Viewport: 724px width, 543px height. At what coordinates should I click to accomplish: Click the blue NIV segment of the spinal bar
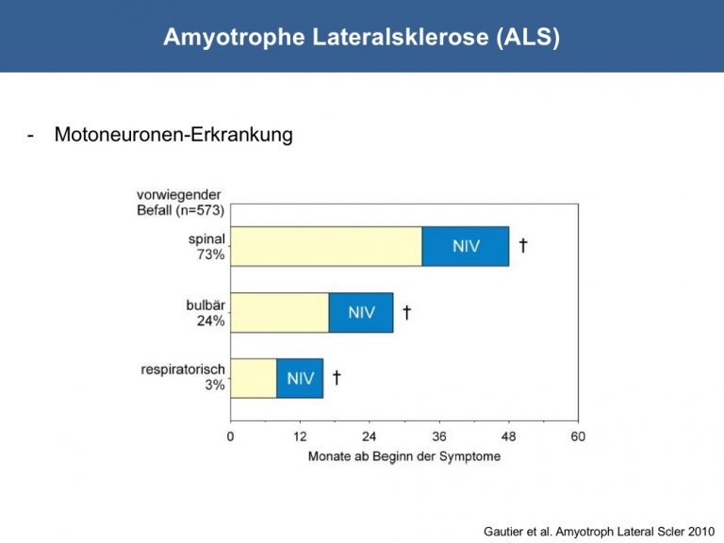(x=466, y=246)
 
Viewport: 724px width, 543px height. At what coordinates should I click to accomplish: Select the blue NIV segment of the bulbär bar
(x=361, y=313)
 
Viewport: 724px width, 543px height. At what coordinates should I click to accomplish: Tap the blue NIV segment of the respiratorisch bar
(x=300, y=378)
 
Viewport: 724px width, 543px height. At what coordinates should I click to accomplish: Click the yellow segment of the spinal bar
(x=326, y=246)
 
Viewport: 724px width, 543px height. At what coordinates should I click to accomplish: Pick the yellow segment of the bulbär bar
(x=280, y=313)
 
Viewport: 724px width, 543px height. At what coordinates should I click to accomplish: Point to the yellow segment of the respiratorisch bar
(x=254, y=378)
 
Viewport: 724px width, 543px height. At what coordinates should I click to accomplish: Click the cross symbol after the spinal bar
(x=523, y=245)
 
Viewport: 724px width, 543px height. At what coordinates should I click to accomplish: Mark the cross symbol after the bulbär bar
(x=407, y=312)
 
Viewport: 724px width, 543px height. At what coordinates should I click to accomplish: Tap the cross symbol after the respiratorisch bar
(x=337, y=377)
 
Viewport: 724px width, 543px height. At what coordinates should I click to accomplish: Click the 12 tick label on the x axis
(x=300, y=436)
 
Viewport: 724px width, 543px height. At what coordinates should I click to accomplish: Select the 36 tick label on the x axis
(x=439, y=436)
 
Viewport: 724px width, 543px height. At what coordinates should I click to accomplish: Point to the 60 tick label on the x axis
(x=578, y=436)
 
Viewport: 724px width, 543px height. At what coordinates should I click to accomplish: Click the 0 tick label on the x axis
(x=230, y=436)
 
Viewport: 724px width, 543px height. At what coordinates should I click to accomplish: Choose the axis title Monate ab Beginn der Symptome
(x=404, y=456)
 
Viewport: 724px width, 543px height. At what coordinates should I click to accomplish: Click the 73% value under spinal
(x=211, y=255)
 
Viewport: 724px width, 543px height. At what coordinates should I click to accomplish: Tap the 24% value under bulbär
(x=211, y=321)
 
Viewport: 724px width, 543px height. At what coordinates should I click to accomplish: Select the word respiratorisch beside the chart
(x=183, y=370)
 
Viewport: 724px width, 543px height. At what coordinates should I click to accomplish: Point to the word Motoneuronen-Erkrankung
(x=173, y=135)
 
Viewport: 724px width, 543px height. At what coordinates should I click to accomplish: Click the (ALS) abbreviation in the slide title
(x=528, y=37)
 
